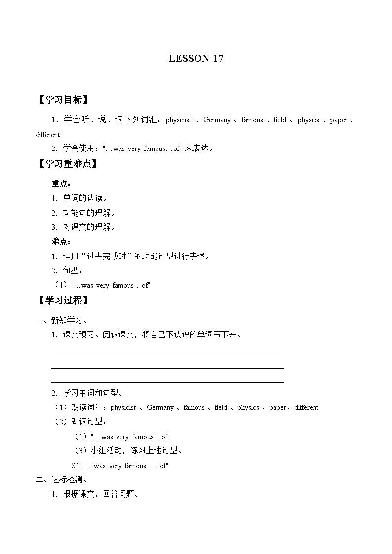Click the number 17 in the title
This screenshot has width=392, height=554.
point(218,58)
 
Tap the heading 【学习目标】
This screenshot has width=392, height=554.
point(63,100)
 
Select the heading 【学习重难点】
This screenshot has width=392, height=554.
point(67,164)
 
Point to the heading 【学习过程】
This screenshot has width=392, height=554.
point(63,300)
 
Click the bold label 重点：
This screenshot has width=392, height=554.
point(61,184)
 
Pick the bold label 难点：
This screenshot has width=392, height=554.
point(61,241)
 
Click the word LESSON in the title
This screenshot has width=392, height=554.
point(189,58)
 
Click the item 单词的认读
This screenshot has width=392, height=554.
point(84,198)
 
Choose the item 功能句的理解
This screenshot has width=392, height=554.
point(88,213)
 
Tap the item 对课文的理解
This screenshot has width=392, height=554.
point(88,227)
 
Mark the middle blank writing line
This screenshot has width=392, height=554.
point(168,368)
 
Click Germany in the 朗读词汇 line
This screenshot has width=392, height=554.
point(160,407)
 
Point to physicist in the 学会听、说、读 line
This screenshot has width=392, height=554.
point(178,120)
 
